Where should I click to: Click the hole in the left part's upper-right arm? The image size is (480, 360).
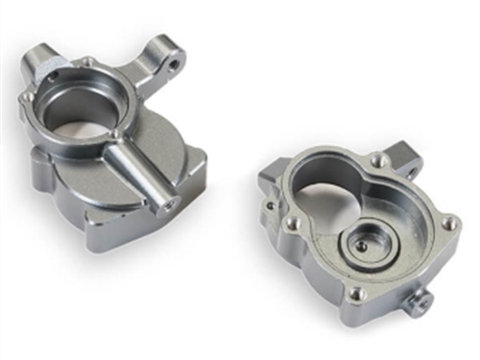click(177, 65)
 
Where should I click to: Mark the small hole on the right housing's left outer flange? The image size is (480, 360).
click(272, 204)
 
